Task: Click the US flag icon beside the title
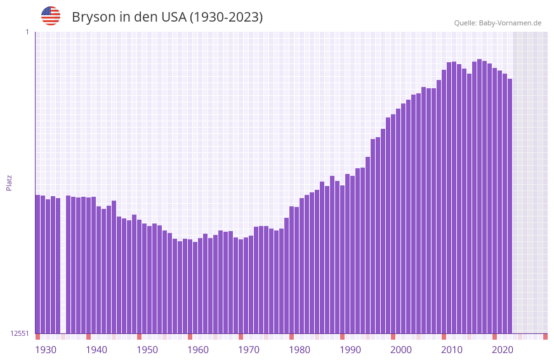tap(51, 16)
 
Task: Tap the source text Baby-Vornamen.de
tap(510, 23)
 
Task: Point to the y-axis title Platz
tap(9, 182)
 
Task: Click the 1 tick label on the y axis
tap(27, 32)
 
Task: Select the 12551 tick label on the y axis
tap(20, 333)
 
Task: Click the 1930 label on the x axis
tap(46, 350)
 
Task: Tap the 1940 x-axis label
tap(96, 350)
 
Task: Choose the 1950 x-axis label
tap(147, 350)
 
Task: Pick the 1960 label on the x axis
tap(198, 350)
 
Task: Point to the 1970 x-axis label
tap(249, 350)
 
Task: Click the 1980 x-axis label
tap(300, 350)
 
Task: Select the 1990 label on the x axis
tap(350, 350)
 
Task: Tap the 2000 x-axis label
tap(401, 350)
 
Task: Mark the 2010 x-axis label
tap(452, 350)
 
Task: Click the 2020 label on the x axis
tap(503, 350)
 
